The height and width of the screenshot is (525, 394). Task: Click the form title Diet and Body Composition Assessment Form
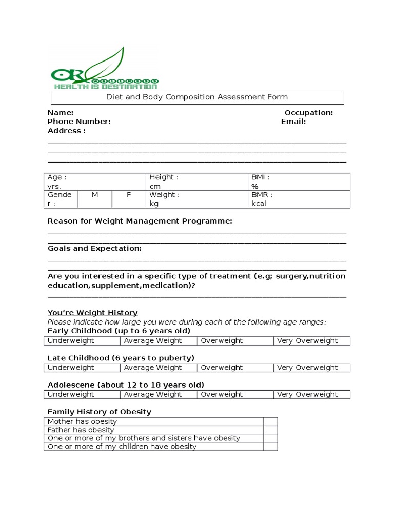197,97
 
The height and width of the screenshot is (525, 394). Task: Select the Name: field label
61,113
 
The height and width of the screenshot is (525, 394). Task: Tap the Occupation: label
309,113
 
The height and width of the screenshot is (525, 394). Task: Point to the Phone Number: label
79,122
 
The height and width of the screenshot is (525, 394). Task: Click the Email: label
293,122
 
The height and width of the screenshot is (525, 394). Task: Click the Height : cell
197,181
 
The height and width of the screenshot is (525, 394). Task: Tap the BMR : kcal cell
299,199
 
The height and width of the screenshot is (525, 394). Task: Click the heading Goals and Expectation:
95,248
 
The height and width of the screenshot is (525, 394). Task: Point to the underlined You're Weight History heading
93,313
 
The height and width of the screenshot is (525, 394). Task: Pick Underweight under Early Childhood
82,340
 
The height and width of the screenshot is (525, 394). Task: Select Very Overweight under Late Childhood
311,368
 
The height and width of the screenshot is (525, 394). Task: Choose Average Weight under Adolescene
159,394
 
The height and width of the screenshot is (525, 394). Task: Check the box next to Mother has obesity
270,421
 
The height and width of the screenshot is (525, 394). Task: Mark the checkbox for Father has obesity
270,430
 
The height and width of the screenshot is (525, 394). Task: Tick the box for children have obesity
270,447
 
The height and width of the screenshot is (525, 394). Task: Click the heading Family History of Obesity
100,412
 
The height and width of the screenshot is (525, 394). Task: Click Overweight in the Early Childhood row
235,340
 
